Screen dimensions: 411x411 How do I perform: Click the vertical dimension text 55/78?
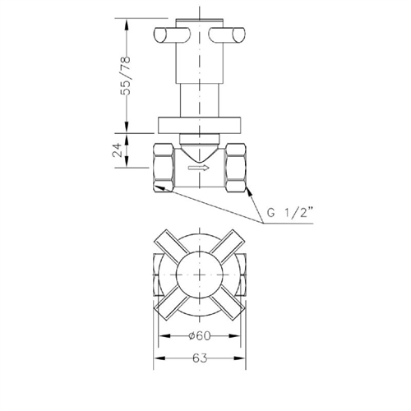coord(126,76)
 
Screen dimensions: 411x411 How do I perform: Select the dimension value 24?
coord(117,150)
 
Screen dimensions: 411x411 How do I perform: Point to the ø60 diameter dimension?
coord(201,335)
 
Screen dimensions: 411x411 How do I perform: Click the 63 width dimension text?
coord(201,358)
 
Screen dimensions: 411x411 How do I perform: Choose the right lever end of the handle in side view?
coord(233,35)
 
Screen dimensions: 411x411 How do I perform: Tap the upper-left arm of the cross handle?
coord(169,246)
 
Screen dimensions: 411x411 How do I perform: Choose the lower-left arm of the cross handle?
coord(169,307)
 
